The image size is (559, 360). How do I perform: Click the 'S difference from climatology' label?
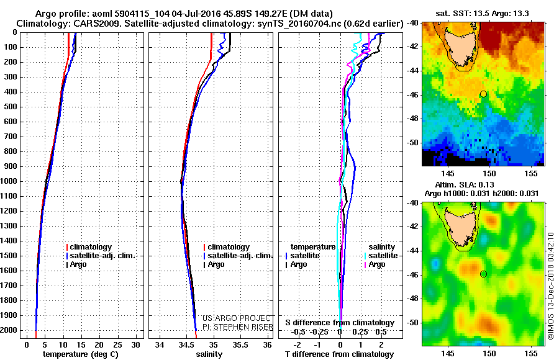340,323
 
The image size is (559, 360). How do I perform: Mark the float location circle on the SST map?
483,94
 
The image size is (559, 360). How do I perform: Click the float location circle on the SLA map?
483,274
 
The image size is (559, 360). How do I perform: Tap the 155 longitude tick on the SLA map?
532,352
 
